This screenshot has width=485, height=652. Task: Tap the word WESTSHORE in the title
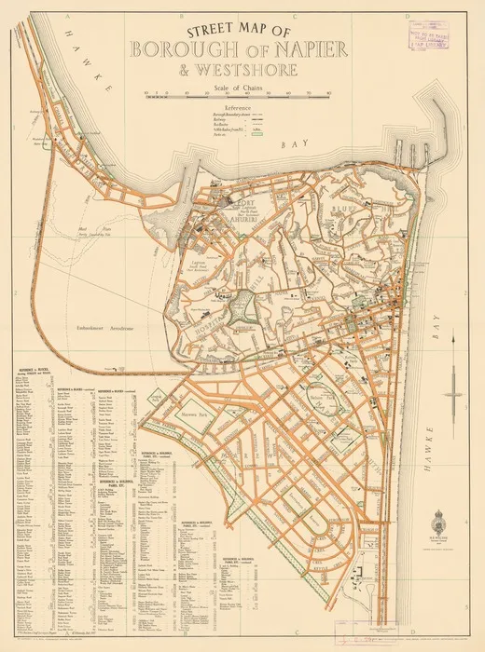tap(255, 71)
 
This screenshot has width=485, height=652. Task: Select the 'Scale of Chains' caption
tap(241, 87)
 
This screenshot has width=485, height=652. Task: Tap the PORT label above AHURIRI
tap(246, 201)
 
